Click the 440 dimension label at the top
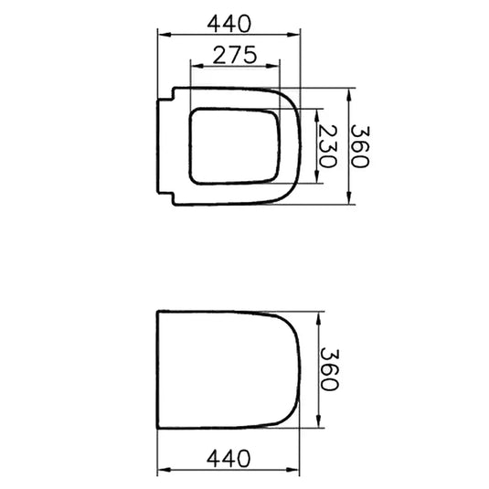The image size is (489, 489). pyautogui.click(x=229, y=24)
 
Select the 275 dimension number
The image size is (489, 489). pyautogui.click(x=235, y=55)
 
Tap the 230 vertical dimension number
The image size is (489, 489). pyautogui.click(x=328, y=146)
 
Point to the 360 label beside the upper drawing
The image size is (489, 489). pyautogui.click(x=360, y=146)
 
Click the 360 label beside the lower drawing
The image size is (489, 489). pyautogui.click(x=329, y=369)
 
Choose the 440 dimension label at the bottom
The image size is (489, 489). pyautogui.click(x=229, y=459)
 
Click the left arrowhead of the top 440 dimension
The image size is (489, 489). pyautogui.click(x=165, y=35)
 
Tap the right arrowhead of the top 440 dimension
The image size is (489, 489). pyautogui.click(x=293, y=35)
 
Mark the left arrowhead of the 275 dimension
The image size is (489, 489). pyautogui.click(x=197, y=66)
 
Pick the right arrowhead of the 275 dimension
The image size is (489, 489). pyautogui.click(x=273, y=66)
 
